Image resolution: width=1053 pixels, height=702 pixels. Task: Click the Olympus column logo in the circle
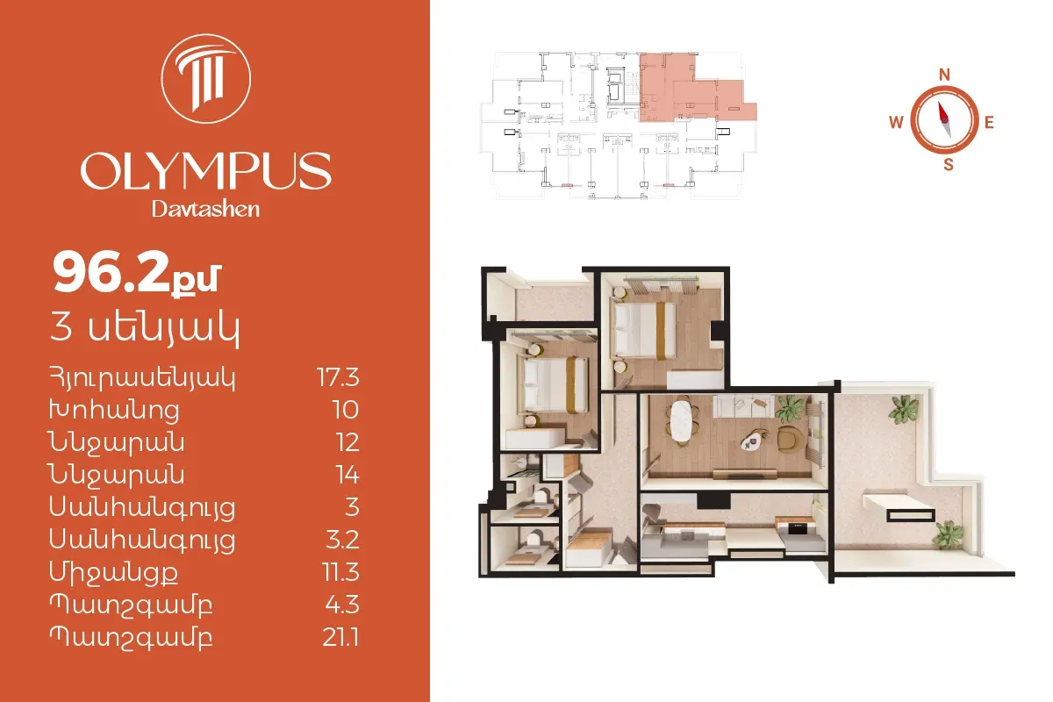[x=206, y=78]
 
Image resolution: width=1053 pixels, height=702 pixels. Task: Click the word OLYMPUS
[x=206, y=170]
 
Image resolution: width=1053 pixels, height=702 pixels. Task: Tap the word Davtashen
[x=205, y=209]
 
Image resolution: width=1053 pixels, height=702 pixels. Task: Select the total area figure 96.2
[x=111, y=273]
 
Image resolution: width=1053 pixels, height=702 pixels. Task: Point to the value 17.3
[x=338, y=377]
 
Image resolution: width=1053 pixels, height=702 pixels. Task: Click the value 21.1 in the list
[x=340, y=638]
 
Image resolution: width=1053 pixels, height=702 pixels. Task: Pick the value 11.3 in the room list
[x=340, y=572]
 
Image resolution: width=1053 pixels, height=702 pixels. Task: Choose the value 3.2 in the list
[x=343, y=540]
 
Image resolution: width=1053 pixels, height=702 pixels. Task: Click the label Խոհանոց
[x=114, y=411]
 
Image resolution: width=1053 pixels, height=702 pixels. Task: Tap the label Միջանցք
[x=114, y=573]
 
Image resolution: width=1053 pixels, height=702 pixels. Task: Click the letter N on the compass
[x=944, y=75]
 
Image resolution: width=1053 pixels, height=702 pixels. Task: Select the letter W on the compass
[x=896, y=122]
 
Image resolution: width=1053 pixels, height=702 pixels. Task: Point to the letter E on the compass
[x=989, y=123]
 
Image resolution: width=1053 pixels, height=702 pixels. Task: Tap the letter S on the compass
[x=949, y=165]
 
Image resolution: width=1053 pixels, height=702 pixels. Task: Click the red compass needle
[x=942, y=113]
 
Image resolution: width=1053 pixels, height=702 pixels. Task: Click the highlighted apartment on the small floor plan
[x=691, y=90]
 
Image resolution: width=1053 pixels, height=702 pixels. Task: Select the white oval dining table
[x=681, y=421]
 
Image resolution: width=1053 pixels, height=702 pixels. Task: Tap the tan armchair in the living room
[x=790, y=439]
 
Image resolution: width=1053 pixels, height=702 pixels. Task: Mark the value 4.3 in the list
[x=342, y=605]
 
